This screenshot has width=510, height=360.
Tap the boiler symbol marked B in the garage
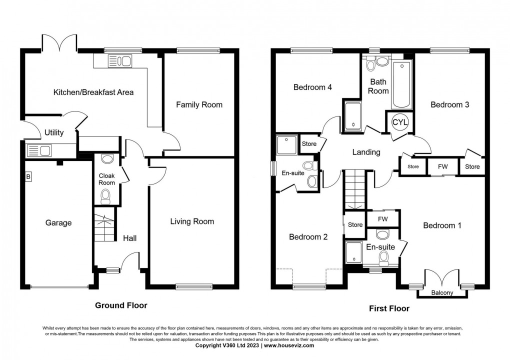coord(28,176)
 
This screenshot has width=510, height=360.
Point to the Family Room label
coord(199,104)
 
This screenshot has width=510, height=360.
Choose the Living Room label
coord(192,221)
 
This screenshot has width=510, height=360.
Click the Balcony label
coord(441,293)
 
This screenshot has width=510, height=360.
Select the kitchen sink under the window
coord(119,61)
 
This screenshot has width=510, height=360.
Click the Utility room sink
coord(39,150)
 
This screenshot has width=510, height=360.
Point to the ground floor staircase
coord(104,229)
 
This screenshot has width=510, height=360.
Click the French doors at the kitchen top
coord(59,43)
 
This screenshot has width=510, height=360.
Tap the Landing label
coord(366,152)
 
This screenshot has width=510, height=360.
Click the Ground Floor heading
coord(121,305)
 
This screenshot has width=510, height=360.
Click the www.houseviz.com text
coord(289,345)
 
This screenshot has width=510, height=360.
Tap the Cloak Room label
coord(106,179)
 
